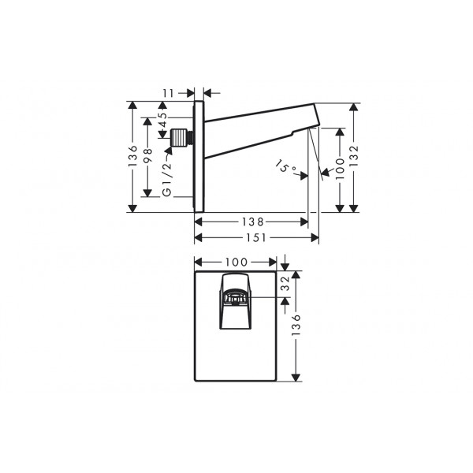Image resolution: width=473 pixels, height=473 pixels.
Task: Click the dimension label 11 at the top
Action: point(169,93)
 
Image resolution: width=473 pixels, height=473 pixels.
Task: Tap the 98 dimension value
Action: point(148,155)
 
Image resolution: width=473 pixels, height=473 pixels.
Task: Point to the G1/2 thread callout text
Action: point(167,180)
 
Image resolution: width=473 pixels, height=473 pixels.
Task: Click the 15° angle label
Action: point(285,166)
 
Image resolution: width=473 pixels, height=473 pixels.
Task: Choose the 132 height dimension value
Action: point(353,155)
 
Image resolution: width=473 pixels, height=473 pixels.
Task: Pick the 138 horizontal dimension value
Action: point(253,222)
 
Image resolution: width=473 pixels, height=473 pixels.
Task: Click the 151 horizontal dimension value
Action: point(255,238)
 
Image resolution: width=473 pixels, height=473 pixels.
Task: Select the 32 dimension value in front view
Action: point(285,284)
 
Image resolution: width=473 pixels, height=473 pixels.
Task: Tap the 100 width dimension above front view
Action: point(236,263)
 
